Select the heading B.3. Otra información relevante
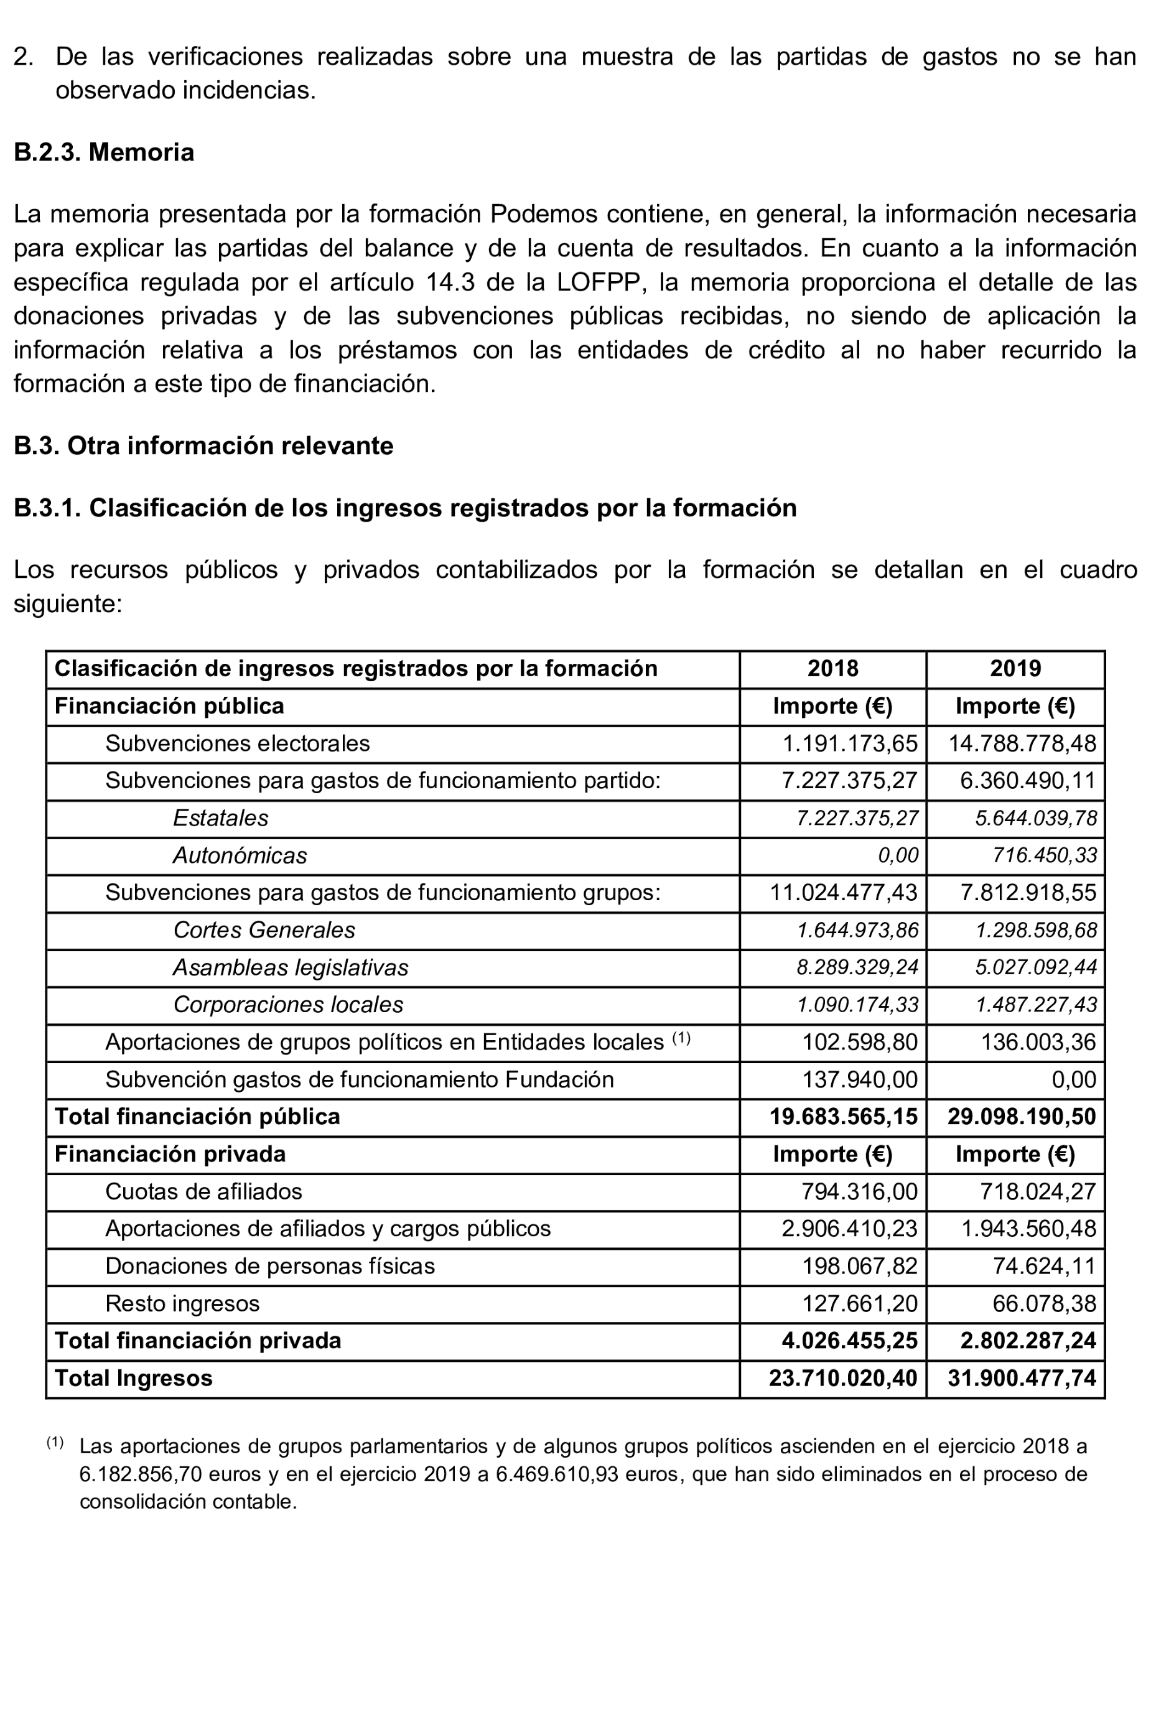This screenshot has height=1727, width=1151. click(203, 445)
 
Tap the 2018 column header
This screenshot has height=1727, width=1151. click(832, 669)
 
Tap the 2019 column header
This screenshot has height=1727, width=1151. click(1015, 669)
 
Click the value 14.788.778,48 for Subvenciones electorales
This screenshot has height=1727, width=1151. click(1022, 743)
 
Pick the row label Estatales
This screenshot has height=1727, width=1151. click(220, 818)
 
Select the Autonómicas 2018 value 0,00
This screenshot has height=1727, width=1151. click(898, 856)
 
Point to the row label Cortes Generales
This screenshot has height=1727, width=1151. click(264, 930)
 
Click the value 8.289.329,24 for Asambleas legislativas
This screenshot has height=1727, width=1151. click(857, 967)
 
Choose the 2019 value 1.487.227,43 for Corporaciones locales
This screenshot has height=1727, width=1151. click(1036, 1005)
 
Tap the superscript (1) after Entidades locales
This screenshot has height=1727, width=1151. click(682, 1038)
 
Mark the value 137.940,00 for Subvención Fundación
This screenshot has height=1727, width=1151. click(860, 1079)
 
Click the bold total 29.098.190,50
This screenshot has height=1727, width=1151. click(1021, 1117)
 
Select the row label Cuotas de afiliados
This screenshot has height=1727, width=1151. click(203, 1191)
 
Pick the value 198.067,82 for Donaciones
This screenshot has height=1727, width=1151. click(860, 1266)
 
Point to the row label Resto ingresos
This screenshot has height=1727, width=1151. click(182, 1303)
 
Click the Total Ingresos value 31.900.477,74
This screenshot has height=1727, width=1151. click(1021, 1379)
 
